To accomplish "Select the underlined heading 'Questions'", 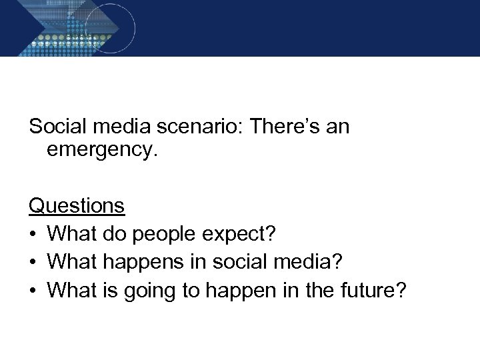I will point(77,206).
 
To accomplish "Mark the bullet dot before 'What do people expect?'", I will point(33,235).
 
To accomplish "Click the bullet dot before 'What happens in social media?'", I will point(33,263).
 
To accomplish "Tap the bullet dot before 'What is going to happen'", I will point(33,291).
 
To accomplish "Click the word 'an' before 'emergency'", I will point(337,126).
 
